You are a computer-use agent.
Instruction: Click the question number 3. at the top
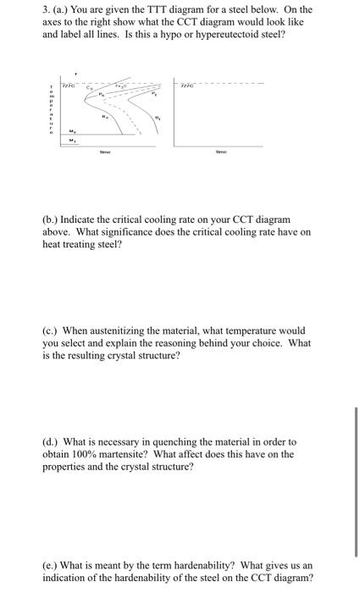coord(47,10)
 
